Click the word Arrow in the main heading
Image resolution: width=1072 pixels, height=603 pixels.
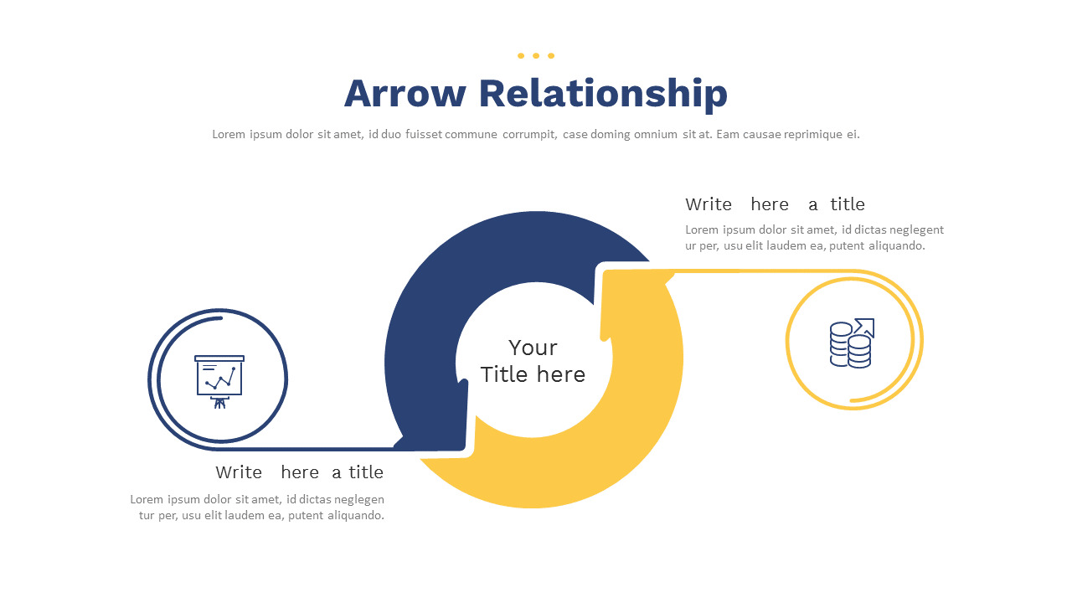405,93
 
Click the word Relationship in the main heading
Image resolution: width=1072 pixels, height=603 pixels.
603,95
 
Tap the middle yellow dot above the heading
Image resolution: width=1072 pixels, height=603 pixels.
536,56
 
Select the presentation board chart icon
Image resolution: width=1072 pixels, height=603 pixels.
219,382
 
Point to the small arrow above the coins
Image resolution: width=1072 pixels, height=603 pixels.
865,327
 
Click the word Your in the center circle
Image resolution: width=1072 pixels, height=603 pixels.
533,348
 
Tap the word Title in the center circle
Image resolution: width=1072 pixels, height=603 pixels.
504,374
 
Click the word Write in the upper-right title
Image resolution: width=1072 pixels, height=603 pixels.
709,204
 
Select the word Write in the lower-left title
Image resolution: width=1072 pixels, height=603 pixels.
239,472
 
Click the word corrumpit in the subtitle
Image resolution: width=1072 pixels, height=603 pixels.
530,135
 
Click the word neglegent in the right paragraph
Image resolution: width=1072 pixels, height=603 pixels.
917,230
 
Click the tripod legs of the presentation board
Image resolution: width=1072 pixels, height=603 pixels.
219,403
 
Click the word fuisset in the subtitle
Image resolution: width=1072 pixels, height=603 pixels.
424,135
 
